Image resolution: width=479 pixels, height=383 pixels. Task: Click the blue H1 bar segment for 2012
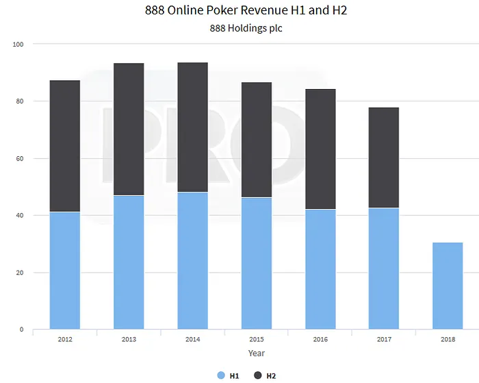(x=65, y=271)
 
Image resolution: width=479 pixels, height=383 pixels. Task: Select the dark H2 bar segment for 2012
(x=65, y=146)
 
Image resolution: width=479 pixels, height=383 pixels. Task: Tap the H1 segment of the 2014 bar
(x=192, y=260)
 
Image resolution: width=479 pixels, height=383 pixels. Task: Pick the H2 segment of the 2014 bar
(x=192, y=127)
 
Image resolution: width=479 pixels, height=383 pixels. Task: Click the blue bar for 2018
(x=448, y=286)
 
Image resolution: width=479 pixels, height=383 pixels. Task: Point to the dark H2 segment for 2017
(x=383, y=158)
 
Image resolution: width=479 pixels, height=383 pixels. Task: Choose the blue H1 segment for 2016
(x=320, y=269)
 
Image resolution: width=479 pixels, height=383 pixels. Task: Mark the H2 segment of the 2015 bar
(x=256, y=140)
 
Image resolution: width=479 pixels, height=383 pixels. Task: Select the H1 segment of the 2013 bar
(x=129, y=262)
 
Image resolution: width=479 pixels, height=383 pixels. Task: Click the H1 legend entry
(x=229, y=375)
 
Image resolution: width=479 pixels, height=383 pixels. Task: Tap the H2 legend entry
(x=266, y=375)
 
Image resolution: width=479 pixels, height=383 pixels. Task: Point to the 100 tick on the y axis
(x=18, y=45)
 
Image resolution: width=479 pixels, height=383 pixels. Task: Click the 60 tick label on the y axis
(x=20, y=158)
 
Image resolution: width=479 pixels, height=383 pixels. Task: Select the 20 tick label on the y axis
(x=20, y=273)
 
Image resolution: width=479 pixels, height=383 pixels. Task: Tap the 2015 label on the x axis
(x=256, y=339)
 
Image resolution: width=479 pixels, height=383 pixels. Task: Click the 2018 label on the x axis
(x=448, y=339)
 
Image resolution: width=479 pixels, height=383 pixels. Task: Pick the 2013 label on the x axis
(x=129, y=339)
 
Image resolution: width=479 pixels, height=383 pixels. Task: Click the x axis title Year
(x=257, y=353)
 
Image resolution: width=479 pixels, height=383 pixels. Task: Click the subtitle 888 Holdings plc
(x=245, y=28)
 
